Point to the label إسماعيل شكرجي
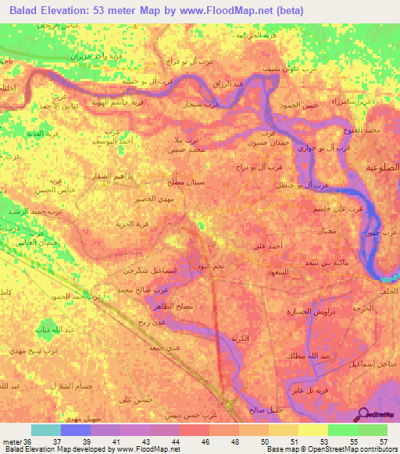click(144, 270)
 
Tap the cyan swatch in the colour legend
click(46, 430)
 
